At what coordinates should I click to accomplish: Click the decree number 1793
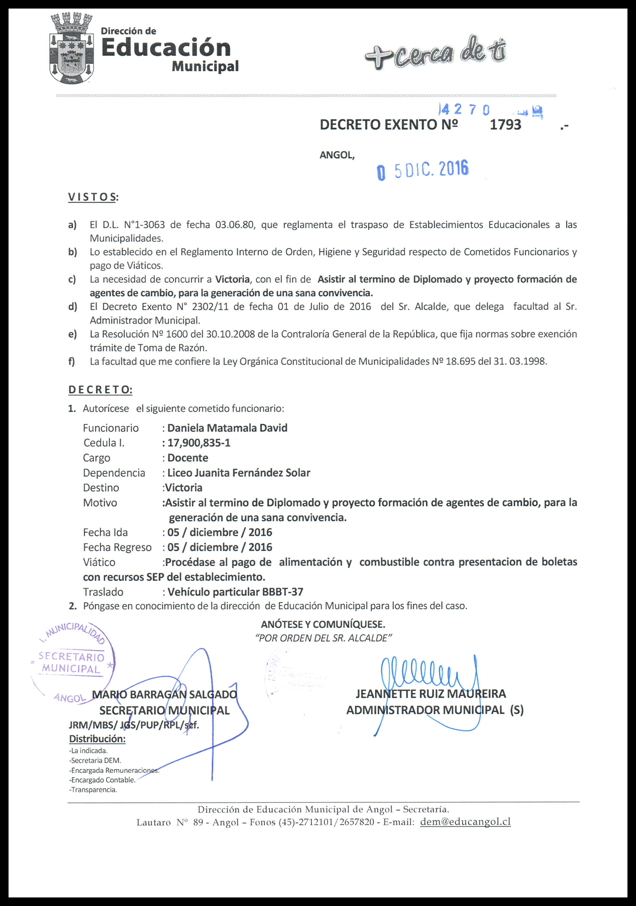[505, 125]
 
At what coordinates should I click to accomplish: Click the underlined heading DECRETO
[100, 390]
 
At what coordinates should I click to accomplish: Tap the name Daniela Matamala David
[227, 428]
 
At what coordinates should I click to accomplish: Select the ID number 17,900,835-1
[199, 443]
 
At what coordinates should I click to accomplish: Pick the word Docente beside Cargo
[188, 458]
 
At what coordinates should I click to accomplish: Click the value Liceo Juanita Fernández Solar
[239, 473]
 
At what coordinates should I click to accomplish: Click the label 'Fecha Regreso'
[117, 547]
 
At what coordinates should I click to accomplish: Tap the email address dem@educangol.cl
[466, 821]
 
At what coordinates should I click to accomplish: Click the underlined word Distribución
[97, 739]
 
